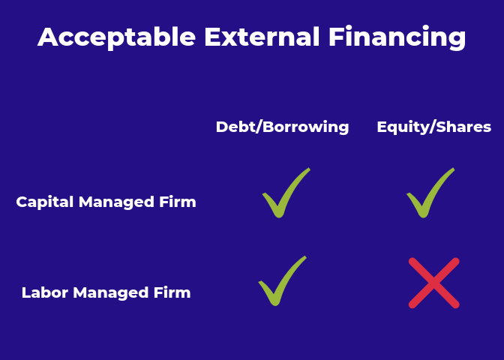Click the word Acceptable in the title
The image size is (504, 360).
point(117,37)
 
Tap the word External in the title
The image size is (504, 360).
point(262,37)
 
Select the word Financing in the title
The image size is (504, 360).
point(397,37)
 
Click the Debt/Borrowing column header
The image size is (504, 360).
point(282,127)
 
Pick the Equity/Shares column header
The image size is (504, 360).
point(434,127)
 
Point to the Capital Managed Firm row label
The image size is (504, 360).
point(106,202)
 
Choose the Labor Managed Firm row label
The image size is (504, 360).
point(106,292)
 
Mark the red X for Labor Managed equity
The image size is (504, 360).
point(434,283)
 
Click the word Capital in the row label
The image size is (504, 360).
point(45,202)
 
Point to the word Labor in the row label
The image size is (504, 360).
point(45,292)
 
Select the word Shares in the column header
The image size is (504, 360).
point(463,127)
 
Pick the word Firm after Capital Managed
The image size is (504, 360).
point(178,202)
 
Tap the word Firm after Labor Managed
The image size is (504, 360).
point(172,292)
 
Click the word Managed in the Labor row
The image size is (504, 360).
point(110,293)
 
